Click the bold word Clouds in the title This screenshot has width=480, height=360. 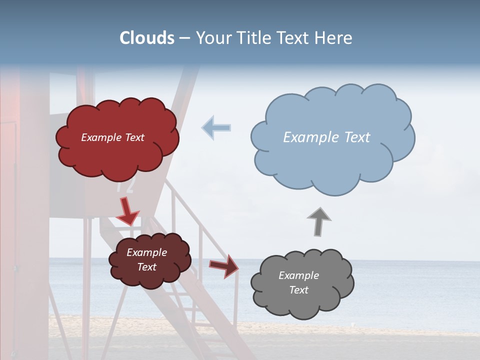(147, 38)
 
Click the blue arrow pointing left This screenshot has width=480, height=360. (216, 127)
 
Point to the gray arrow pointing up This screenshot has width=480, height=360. (319, 221)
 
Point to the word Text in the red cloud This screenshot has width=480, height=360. (134, 137)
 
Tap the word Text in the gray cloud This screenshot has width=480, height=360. (298, 290)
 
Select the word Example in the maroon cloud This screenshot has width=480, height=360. (146, 252)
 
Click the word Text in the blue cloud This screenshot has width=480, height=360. (357, 137)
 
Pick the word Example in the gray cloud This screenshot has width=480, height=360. (298, 275)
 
